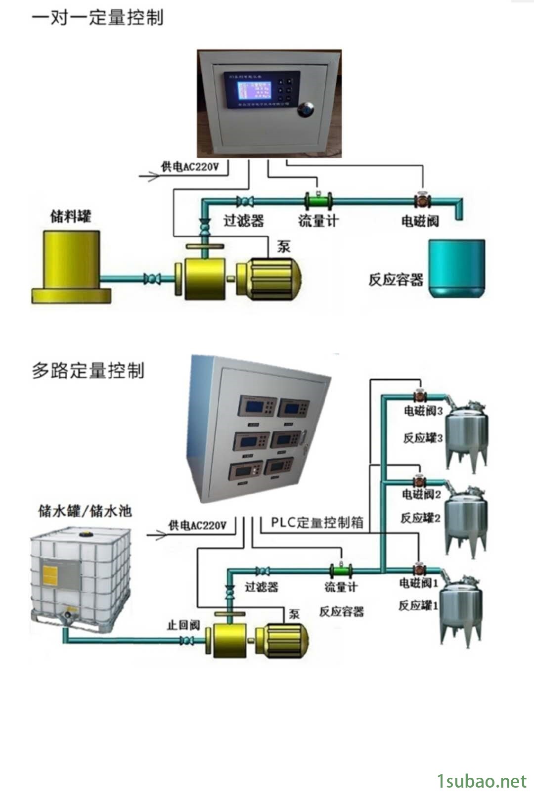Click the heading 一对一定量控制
point(97,18)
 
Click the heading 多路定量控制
point(88,370)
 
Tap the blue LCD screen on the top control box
point(254,90)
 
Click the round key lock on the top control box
point(306,110)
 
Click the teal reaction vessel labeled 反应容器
point(456,268)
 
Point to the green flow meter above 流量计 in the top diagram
point(318,201)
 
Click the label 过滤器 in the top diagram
point(243,221)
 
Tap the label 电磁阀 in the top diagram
point(420,221)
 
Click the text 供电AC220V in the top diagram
point(189,167)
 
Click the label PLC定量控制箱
point(317,523)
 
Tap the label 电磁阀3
point(423,411)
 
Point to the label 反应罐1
point(418,605)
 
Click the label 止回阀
point(182,625)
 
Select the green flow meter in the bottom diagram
point(341,571)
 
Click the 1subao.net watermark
point(482,781)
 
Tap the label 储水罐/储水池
point(85,511)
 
